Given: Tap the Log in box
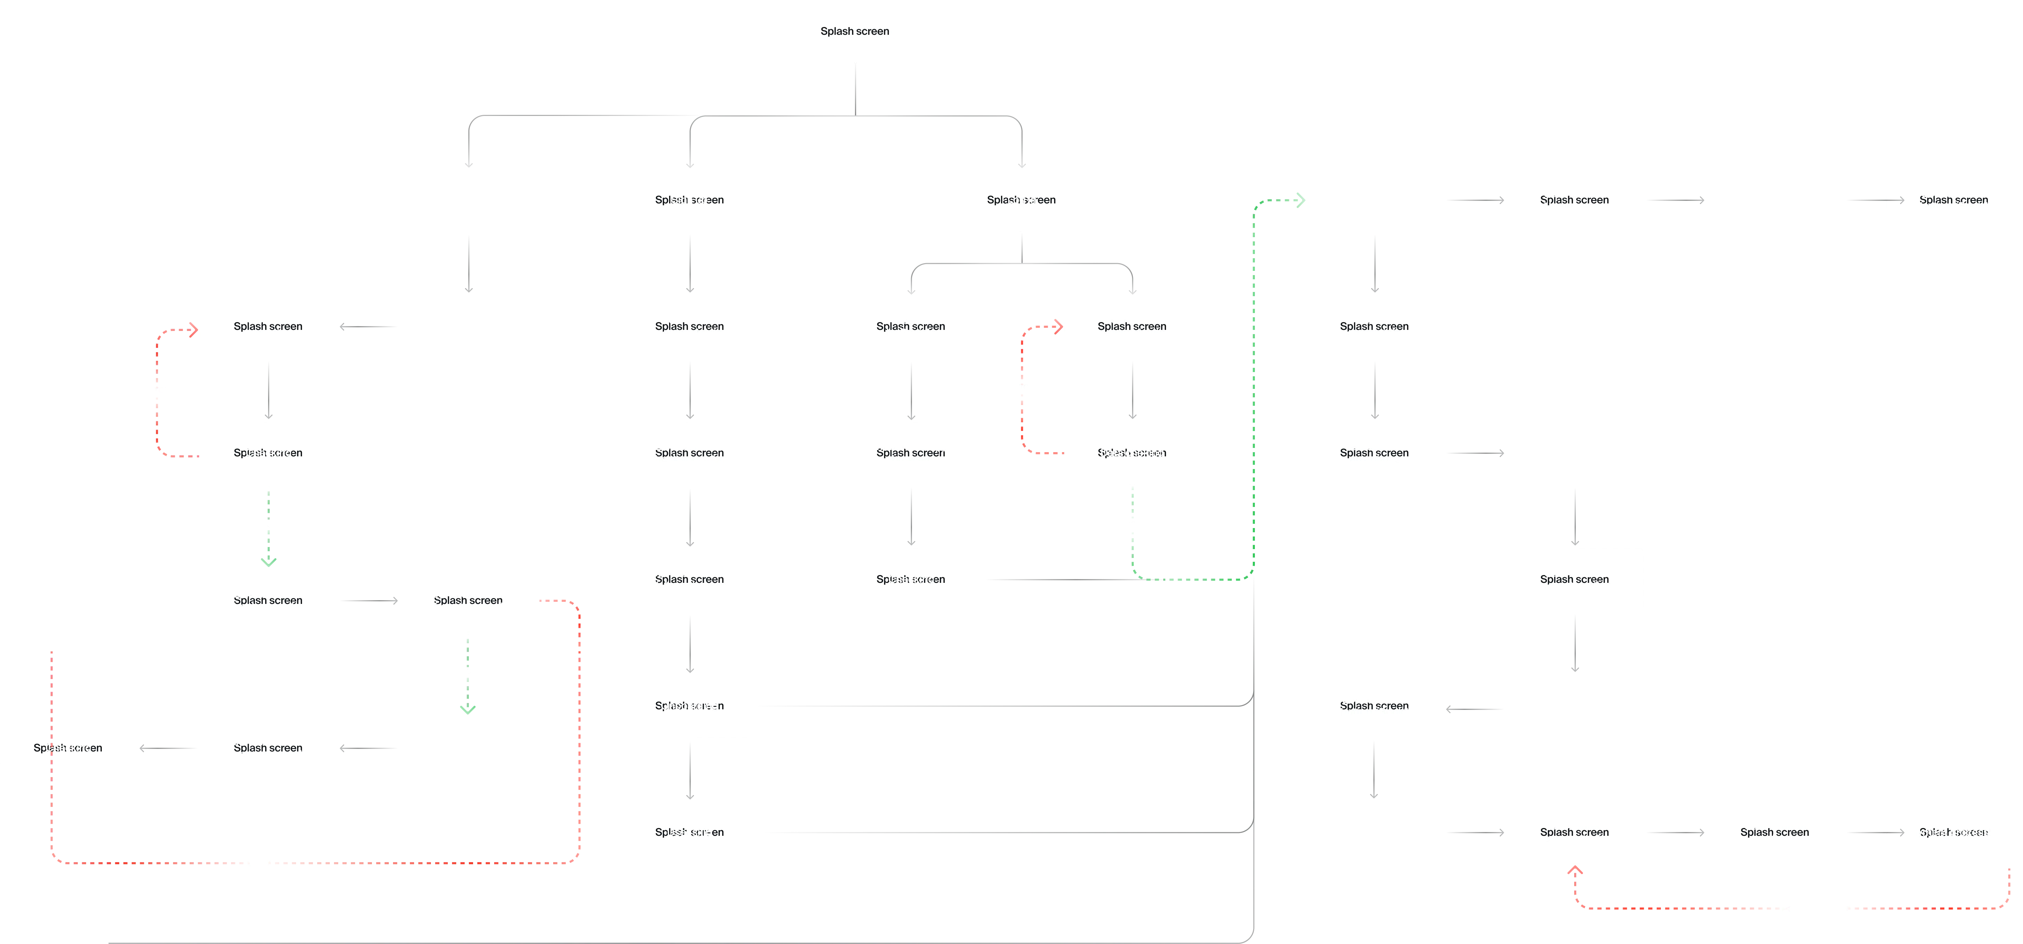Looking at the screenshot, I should coord(1022,200).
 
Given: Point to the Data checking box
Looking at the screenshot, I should coord(1132,453).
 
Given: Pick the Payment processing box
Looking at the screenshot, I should coord(1953,833).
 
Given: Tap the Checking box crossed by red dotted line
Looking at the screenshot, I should coord(68,748).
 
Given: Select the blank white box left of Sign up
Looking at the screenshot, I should coord(469,200).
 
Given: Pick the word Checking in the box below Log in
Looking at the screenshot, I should coord(911,580).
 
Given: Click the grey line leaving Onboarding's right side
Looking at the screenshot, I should coord(997,707).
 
